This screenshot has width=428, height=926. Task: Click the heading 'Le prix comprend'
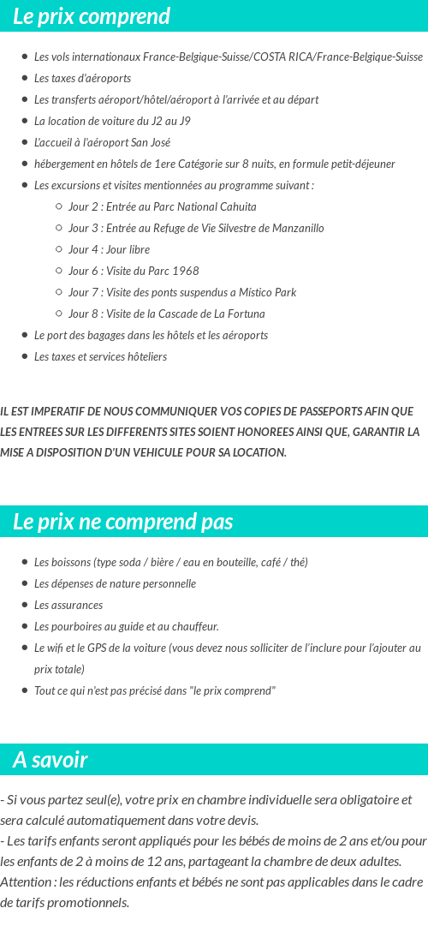tap(92, 16)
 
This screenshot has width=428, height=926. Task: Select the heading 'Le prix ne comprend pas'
tap(123, 522)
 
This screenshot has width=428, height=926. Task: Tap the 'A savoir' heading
tap(51, 760)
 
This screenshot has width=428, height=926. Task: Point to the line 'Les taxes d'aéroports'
tap(82, 78)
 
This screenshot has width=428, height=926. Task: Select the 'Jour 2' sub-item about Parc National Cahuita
tap(162, 206)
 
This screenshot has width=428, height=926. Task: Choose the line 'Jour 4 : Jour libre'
tap(109, 249)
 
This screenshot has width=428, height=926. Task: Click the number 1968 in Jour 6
tap(186, 271)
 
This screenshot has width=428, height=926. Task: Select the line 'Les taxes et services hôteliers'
tap(100, 356)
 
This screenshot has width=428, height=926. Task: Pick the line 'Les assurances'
tap(68, 605)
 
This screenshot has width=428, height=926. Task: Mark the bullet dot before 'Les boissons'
tap(24, 562)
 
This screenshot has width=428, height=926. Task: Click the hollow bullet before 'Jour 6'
tap(58, 271)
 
